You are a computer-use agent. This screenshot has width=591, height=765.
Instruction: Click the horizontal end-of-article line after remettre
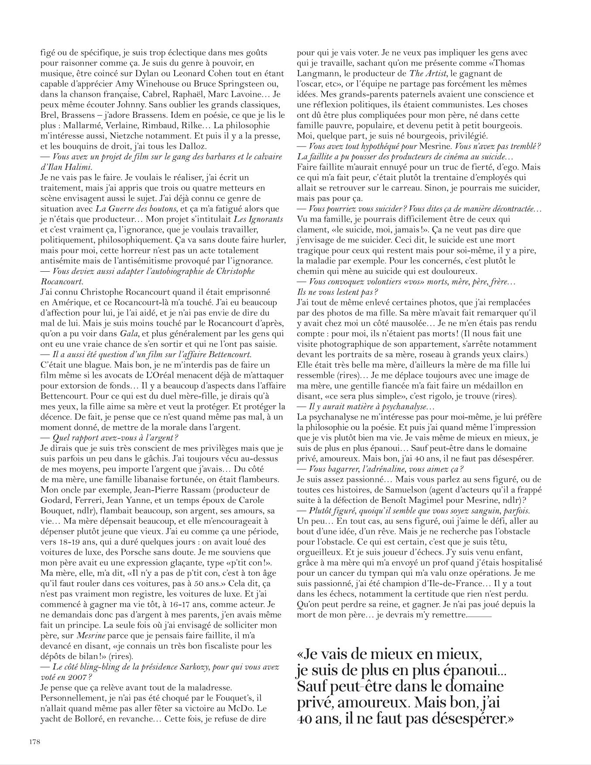[480, 616]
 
